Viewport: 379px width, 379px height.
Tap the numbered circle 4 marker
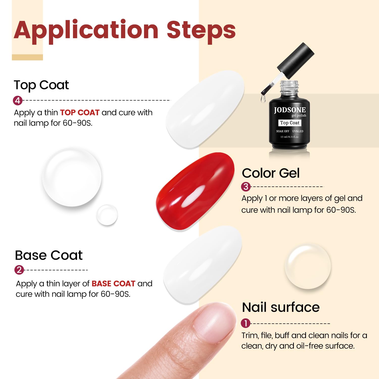(18, 101)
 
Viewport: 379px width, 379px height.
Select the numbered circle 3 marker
(246, 187)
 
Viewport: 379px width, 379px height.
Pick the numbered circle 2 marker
(19, 270)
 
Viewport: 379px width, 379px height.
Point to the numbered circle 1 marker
(246, 323)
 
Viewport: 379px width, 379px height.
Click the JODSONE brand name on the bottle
(290, 110)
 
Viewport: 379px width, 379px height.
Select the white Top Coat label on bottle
(290, 123)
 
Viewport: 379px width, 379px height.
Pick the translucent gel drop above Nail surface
(308, 267)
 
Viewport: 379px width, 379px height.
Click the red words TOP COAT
(80, 112)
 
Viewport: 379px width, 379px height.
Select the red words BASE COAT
(113, 283)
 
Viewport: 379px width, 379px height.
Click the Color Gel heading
(271, 173)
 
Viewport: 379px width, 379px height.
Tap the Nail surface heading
(281, 307)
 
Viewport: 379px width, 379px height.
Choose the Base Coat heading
(49, 255)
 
